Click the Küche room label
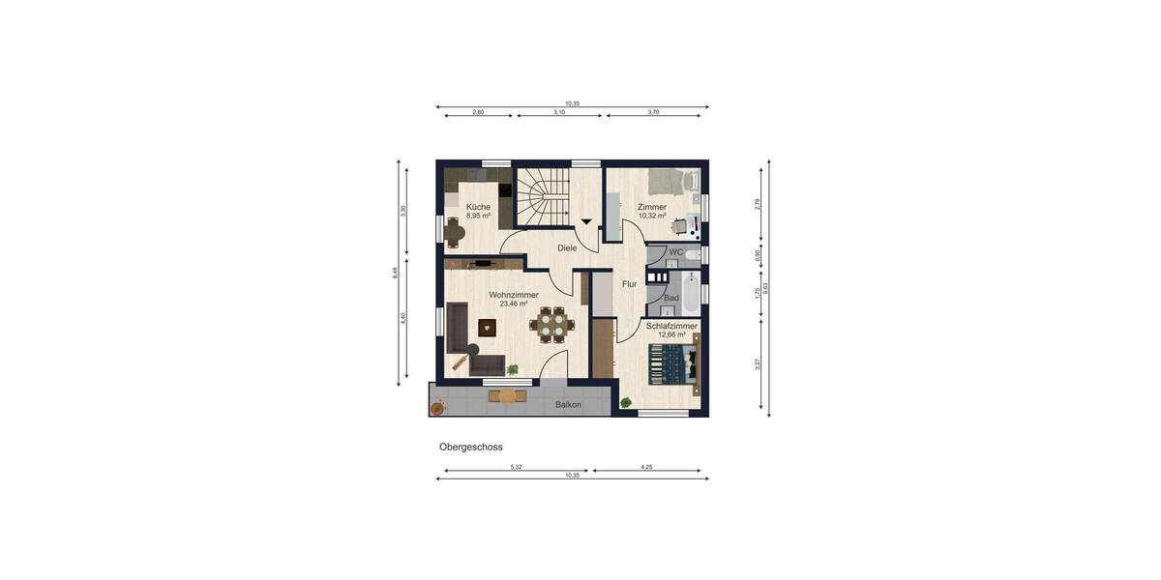coord(478,207)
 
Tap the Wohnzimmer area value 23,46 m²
coord(514,304)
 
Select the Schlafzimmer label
coord(671,326)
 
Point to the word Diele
coord(567,248)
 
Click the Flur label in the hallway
coord(629,284)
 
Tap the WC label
coord(675,252)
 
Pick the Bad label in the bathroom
coord(670,299)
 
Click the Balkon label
coord(569,405)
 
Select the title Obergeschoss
coord(471,447)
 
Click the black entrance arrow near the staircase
coord(586,222)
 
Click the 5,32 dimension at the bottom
coord(516,467)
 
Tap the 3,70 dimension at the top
coord(652,112)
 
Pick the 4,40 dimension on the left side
coord(403,318)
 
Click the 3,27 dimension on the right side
coord(759,363)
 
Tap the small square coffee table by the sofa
coord(486,327)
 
